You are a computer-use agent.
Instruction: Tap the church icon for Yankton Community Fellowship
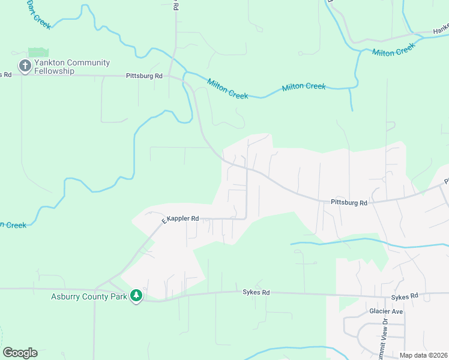click(x=25, y=67)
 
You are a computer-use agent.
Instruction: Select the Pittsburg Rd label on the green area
click(x=144, y=76)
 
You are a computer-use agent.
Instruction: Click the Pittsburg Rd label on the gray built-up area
click(x=349, y=203)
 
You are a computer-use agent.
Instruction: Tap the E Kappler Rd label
click(x=179, y=220)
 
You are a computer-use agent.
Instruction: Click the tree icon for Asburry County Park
click(x=137, y=296)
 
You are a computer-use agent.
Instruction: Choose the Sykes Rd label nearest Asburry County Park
click(x=256, y=293)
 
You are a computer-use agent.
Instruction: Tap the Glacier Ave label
click(x=385, y=311)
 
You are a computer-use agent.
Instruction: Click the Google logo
click(x=20, y=353)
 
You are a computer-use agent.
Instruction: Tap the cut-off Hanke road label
click(x=441, y=29)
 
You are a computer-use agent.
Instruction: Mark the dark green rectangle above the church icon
click(x=38, y=53)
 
